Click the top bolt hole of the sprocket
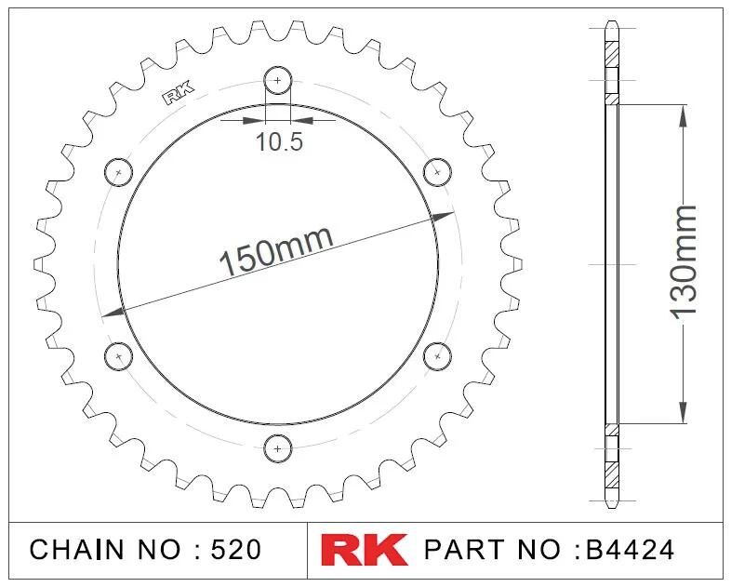click(x=278, y=80)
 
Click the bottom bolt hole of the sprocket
click(x=278, y=449)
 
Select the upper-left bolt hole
click(x=118, y=172)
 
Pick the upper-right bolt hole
click(x=437, y=172)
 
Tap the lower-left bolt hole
click(x=118, y=356)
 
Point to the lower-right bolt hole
click(x=437, y=356)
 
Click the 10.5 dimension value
click(x=279, y=141)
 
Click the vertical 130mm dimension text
click(x=684, y=263)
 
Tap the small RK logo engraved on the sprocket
click(x=178, y=93)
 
